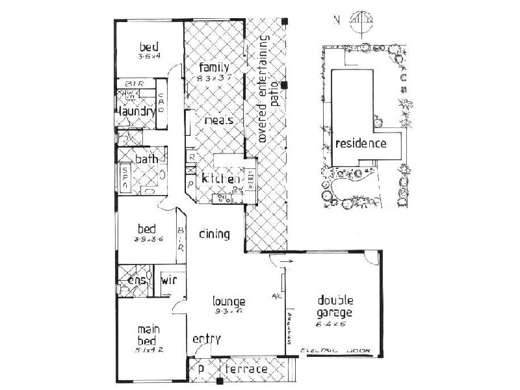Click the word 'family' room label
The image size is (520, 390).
212,68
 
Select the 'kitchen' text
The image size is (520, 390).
221,179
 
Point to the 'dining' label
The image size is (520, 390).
214,234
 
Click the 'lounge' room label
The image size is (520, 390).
229,302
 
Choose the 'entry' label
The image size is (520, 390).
207,339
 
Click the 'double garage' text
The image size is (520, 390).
335,306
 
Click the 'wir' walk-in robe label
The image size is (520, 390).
168,281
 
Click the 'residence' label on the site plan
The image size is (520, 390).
361,144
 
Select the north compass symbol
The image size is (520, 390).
359,22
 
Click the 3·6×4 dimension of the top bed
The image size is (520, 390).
149,57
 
